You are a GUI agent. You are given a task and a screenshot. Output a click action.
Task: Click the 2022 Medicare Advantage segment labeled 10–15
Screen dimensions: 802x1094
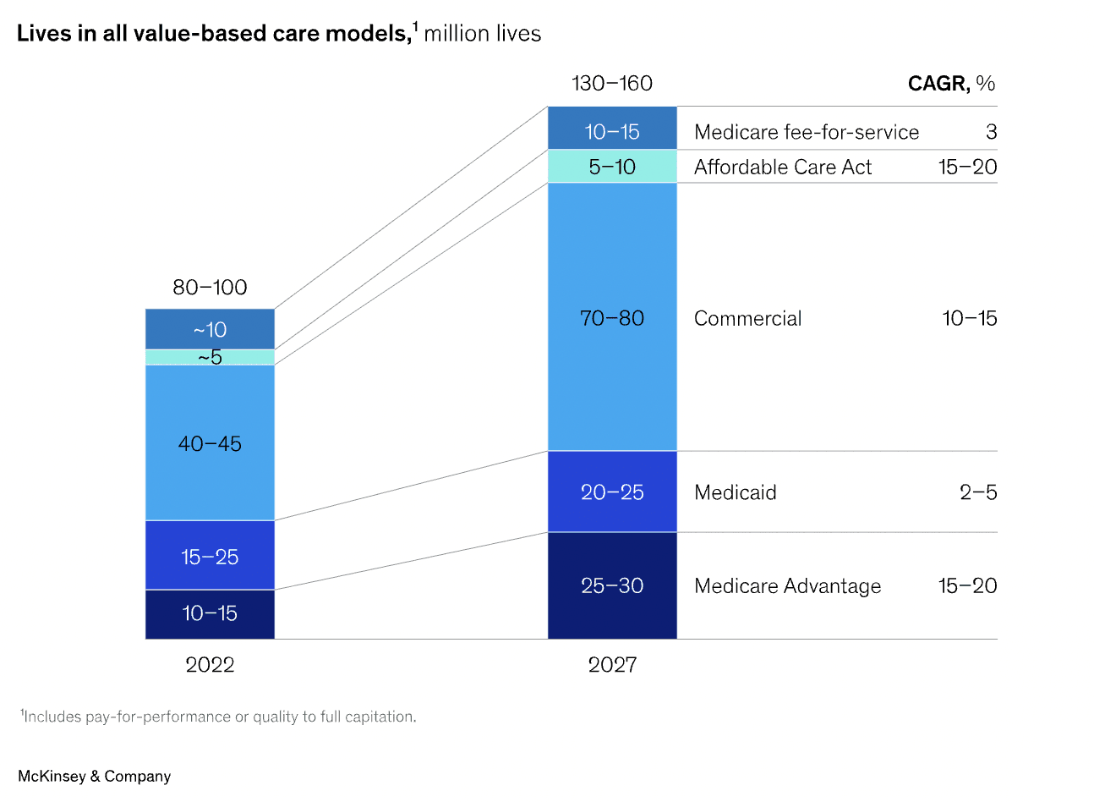tap(210, 613)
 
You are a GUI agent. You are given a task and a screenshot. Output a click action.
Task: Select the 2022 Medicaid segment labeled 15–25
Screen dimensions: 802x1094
tap(210, 556)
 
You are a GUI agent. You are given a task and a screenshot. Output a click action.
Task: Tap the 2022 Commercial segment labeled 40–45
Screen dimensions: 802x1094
tap(210, 443)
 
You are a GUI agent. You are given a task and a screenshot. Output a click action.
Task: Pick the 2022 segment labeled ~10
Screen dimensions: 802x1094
tap(210, 329)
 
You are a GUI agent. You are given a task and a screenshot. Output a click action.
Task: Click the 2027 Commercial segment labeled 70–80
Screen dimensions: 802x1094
tap(612, 318)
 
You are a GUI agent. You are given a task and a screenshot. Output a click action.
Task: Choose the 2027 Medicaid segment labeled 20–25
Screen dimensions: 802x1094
tap(612, 492)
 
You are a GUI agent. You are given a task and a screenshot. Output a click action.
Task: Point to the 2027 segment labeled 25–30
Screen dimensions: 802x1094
tap(612, 585)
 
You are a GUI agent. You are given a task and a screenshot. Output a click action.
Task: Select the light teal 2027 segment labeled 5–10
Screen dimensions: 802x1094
tap(612, 167)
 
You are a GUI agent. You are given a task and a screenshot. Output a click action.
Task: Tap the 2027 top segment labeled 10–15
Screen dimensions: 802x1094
tap(612, 131)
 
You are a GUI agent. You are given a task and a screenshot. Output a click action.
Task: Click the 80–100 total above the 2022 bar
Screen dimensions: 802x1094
tap(210, 288)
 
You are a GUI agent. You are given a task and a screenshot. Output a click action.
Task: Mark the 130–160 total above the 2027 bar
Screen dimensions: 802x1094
tap(612, 84)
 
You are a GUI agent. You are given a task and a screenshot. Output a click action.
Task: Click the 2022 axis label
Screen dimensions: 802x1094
tap(210, 665)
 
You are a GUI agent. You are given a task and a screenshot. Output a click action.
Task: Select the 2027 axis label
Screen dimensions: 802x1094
tap(612, 665)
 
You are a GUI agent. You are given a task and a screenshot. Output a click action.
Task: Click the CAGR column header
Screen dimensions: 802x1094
tap(950, 84)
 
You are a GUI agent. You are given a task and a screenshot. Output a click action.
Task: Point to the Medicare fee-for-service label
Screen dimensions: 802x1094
tap(806, 132)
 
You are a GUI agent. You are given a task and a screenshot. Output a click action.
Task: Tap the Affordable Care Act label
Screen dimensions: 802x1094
tap(782, 168)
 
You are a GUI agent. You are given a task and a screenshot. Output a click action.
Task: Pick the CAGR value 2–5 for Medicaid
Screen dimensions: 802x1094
tap(977, 492)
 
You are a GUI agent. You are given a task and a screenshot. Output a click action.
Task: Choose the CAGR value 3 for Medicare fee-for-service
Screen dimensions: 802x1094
tap(991, 132)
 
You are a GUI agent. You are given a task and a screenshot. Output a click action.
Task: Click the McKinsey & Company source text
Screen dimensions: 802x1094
tap(94, 777)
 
